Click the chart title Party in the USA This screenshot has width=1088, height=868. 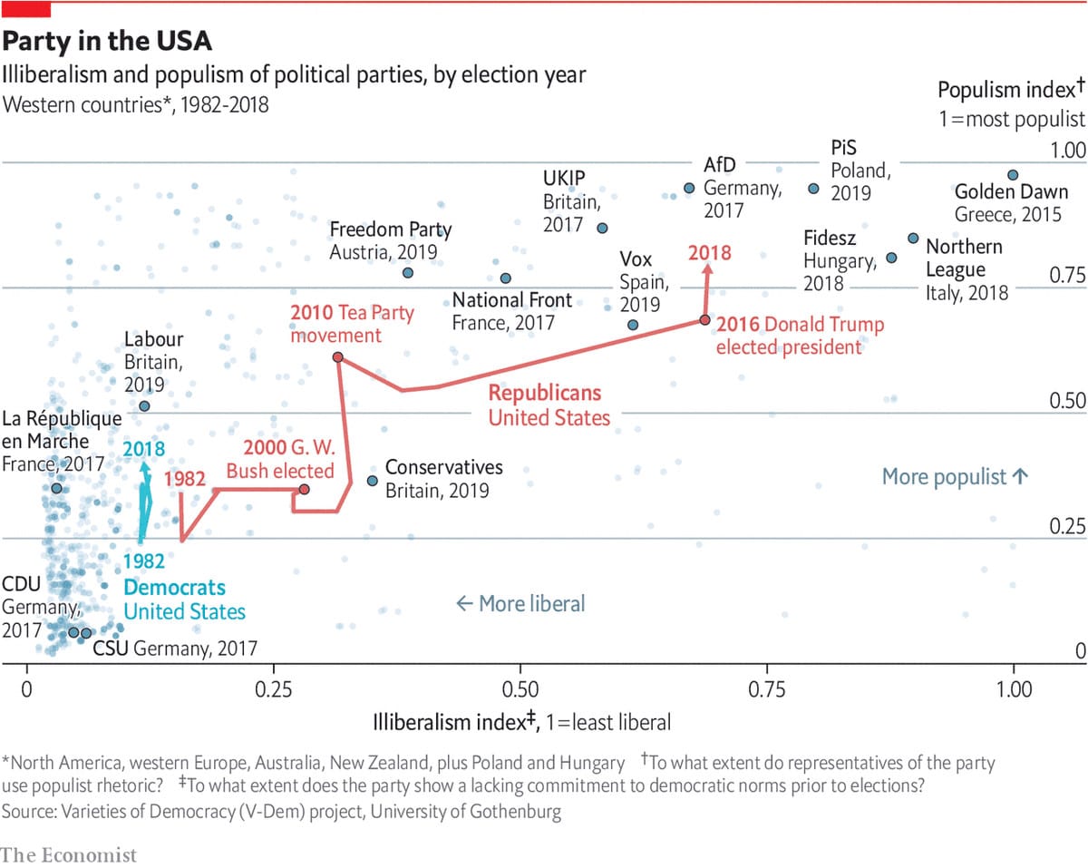tap(109, 42)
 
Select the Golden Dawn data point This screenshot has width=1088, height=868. tap(1013, 175)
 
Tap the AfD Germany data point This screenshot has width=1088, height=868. tap(688, 188)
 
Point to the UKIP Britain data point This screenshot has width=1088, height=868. tap(601, 228)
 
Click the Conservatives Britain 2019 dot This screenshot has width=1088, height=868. tap(372, 481)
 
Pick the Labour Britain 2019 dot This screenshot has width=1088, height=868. tap(144, 405)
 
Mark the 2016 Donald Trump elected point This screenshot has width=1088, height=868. tap(704, 320)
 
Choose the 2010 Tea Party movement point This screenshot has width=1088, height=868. tap(337, 357)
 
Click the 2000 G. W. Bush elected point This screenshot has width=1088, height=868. tap(305, 490)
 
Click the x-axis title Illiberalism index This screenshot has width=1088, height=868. tap(521, 723)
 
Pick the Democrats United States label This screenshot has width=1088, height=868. tap(183, 600)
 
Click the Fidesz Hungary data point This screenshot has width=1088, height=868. tap(890, 258)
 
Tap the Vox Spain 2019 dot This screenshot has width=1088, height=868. tap(632, 325)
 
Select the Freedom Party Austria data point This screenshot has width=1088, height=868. tap(408, 272)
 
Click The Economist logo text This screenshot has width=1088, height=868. tap(68, 854)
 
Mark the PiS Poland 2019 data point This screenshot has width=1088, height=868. tap(812, 189)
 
